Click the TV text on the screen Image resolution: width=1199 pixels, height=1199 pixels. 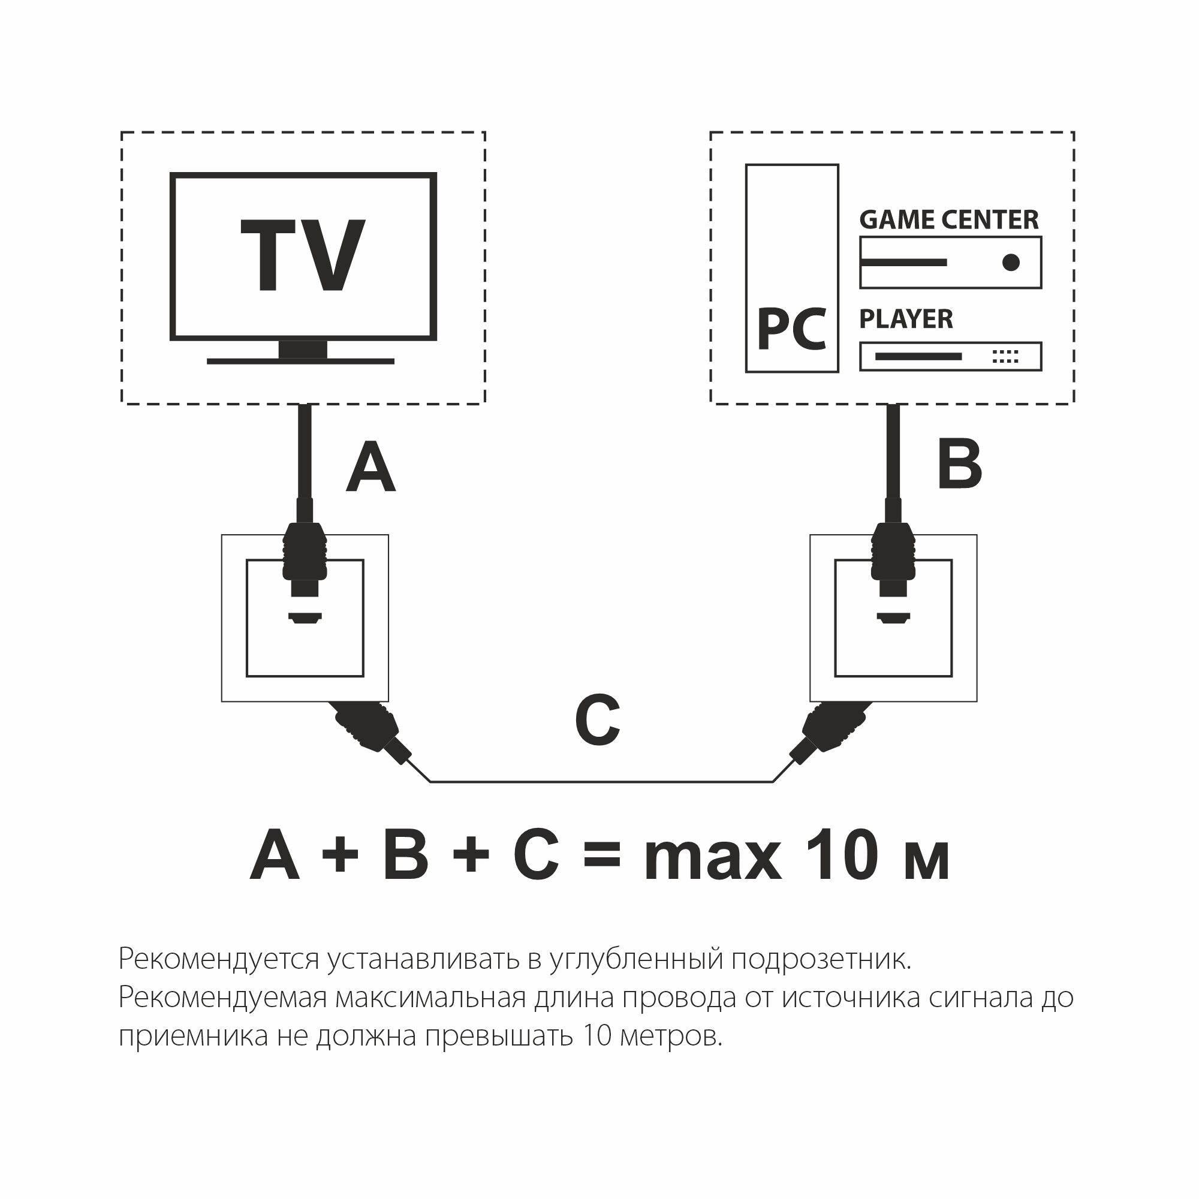pos(302,255)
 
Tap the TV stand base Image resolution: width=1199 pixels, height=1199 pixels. pos(300,360)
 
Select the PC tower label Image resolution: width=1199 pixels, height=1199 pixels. pos(791,330)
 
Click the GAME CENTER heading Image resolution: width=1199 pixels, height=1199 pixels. pos(948,219)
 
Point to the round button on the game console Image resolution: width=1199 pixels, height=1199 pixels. pos(1011,263)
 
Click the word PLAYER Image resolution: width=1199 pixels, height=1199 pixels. pos(905,319)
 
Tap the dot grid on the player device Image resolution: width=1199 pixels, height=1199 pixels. pos(1005,356)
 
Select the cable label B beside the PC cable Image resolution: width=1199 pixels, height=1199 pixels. pos(959,464)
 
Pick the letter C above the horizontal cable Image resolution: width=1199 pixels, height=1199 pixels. pos(597,721)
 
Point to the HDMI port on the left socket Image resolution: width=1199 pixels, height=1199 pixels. pos(305,617)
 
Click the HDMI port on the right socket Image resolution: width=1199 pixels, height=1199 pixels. pos(893,617)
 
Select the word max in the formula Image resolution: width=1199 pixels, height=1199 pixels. pos(712,860)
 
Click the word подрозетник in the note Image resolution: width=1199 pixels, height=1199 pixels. pos(821,959)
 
